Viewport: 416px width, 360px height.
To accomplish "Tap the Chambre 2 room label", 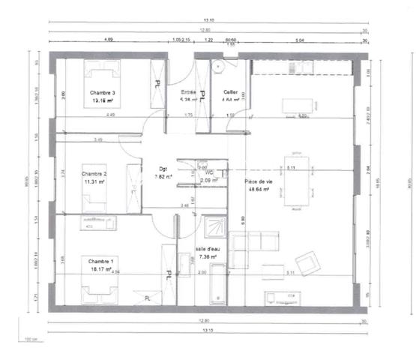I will point(94,174).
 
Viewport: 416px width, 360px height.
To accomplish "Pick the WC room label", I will point(209,172).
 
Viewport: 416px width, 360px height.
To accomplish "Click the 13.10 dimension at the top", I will point(202,19).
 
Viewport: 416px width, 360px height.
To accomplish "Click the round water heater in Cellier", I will point(220,67).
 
